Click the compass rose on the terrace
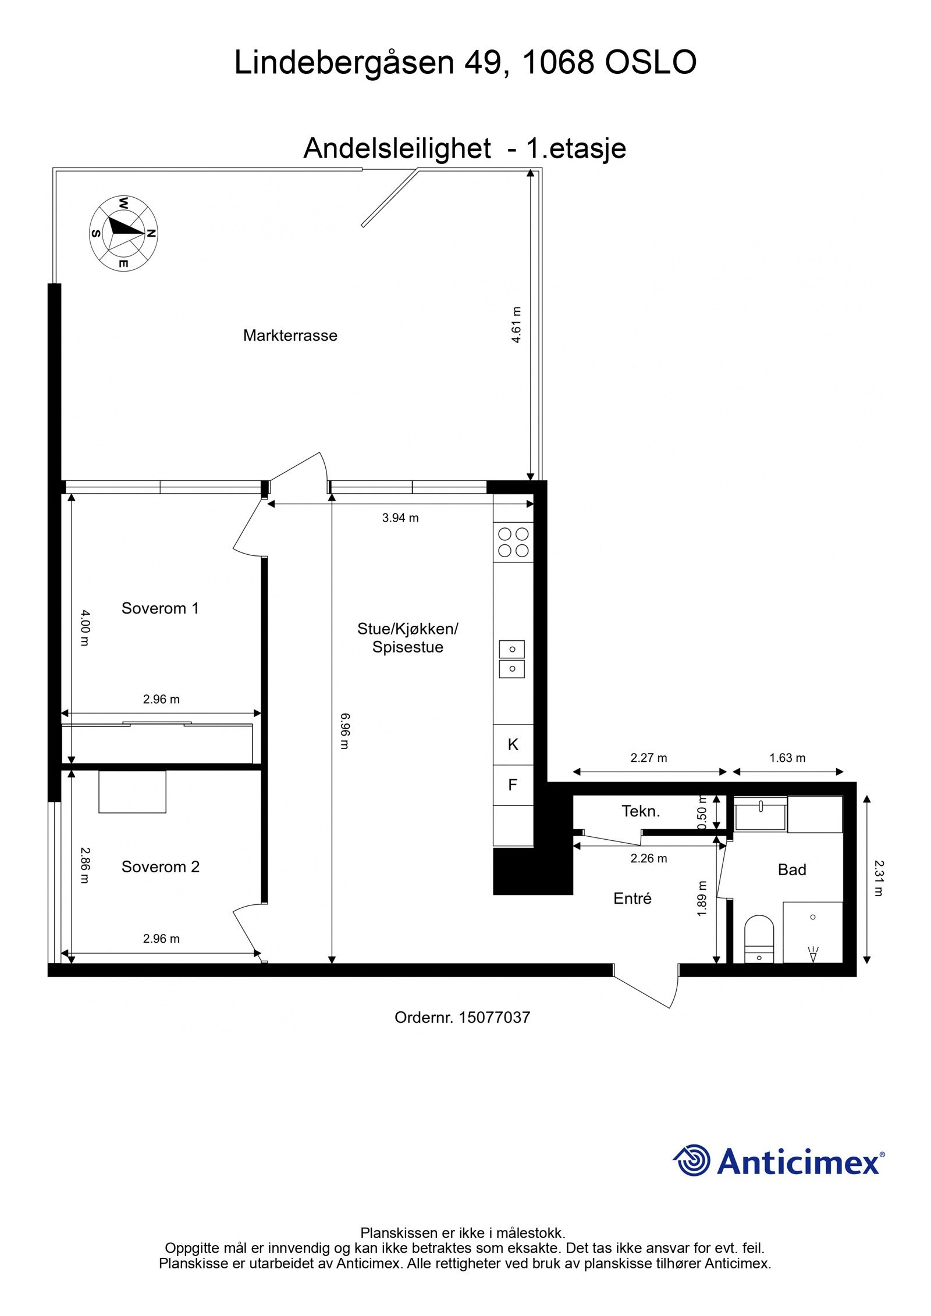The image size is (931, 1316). (x=123, y=233)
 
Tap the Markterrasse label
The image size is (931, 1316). (x=290, y=336)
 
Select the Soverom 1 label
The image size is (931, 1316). (x=160, y=608)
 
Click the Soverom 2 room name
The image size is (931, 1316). (x=160, y=866)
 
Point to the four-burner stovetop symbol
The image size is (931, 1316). (x=513, y=542)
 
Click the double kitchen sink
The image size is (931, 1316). (x=511, y=659)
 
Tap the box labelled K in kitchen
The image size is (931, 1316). (x=513, y=744)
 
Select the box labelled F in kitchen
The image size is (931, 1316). (x=513, y=785)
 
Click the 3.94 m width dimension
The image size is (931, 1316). (x=400, y=518)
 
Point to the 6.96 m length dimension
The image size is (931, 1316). (x=344, y=731)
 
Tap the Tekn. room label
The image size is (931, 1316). (x=641, y=811)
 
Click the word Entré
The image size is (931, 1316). (x=632, y=898)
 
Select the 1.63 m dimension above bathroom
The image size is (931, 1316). (x=787, y=758)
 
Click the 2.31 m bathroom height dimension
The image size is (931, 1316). (x=878, y=878)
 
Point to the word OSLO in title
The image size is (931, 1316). (x=650, y=62)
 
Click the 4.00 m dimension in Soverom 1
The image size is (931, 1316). (x=84, y=627)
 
